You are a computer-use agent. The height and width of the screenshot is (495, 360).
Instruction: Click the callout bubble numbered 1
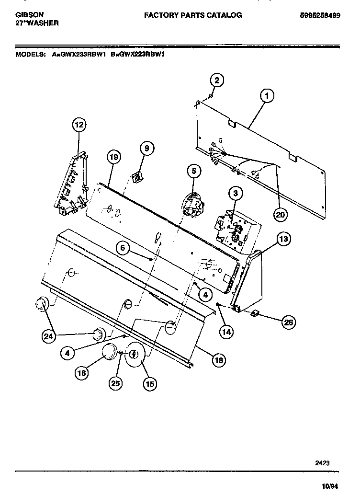267,96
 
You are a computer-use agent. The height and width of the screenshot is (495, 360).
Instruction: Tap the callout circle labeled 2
216,81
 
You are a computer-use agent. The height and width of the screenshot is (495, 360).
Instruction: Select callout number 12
79,125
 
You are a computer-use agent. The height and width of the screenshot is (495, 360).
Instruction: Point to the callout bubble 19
113,157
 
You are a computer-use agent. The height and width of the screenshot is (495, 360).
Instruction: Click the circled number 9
146,149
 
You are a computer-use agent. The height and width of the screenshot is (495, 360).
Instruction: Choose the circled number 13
284,239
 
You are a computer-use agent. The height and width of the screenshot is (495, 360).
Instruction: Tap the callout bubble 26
288,322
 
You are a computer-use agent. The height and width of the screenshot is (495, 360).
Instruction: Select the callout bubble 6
123,248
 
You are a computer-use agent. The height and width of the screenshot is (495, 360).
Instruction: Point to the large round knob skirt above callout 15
135,355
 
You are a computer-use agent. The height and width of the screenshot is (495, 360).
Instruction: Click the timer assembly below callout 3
232,226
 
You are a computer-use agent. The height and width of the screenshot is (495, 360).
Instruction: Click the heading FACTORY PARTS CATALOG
193,15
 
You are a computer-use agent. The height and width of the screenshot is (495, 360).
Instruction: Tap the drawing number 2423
321,463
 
